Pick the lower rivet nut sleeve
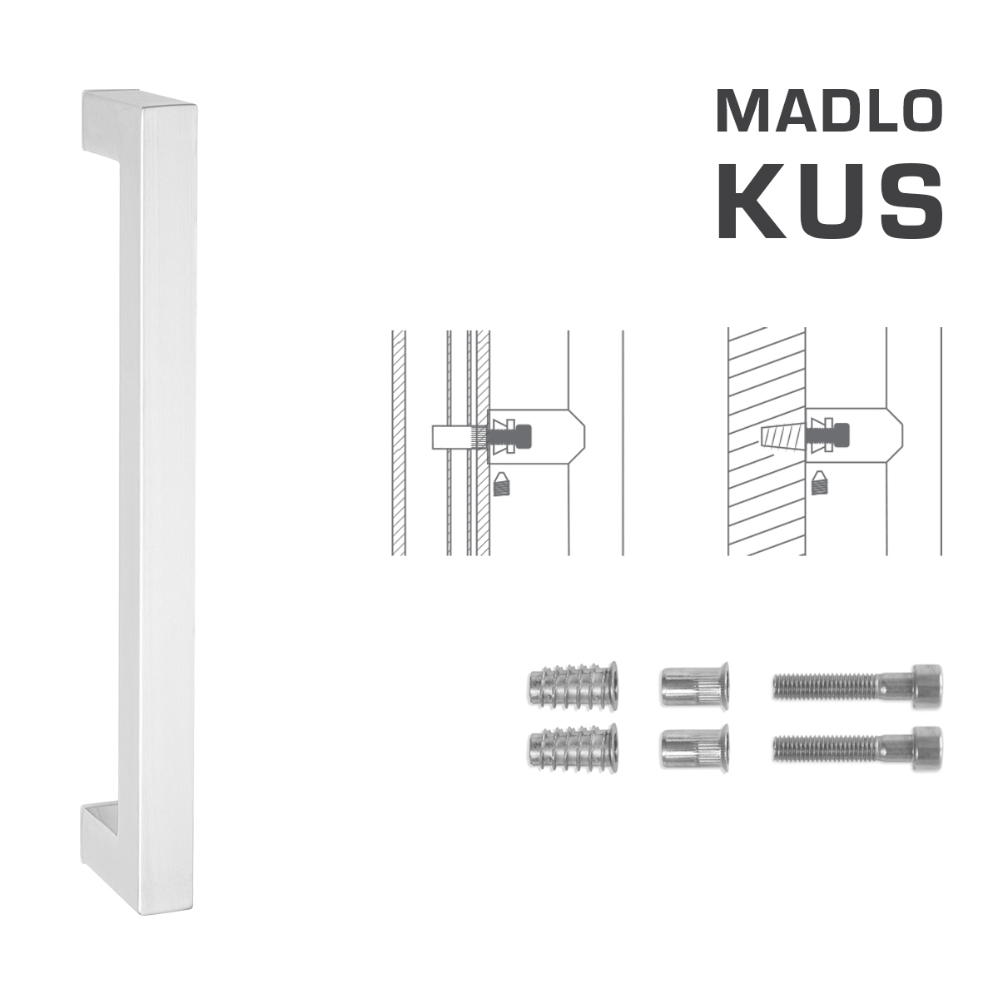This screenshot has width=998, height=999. (x=693, y=747)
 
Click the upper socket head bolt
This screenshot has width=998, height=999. (x=857, y=686)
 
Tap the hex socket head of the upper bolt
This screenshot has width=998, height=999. (x=926, y=686)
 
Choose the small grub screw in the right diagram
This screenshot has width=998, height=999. (x=820, y=482)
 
